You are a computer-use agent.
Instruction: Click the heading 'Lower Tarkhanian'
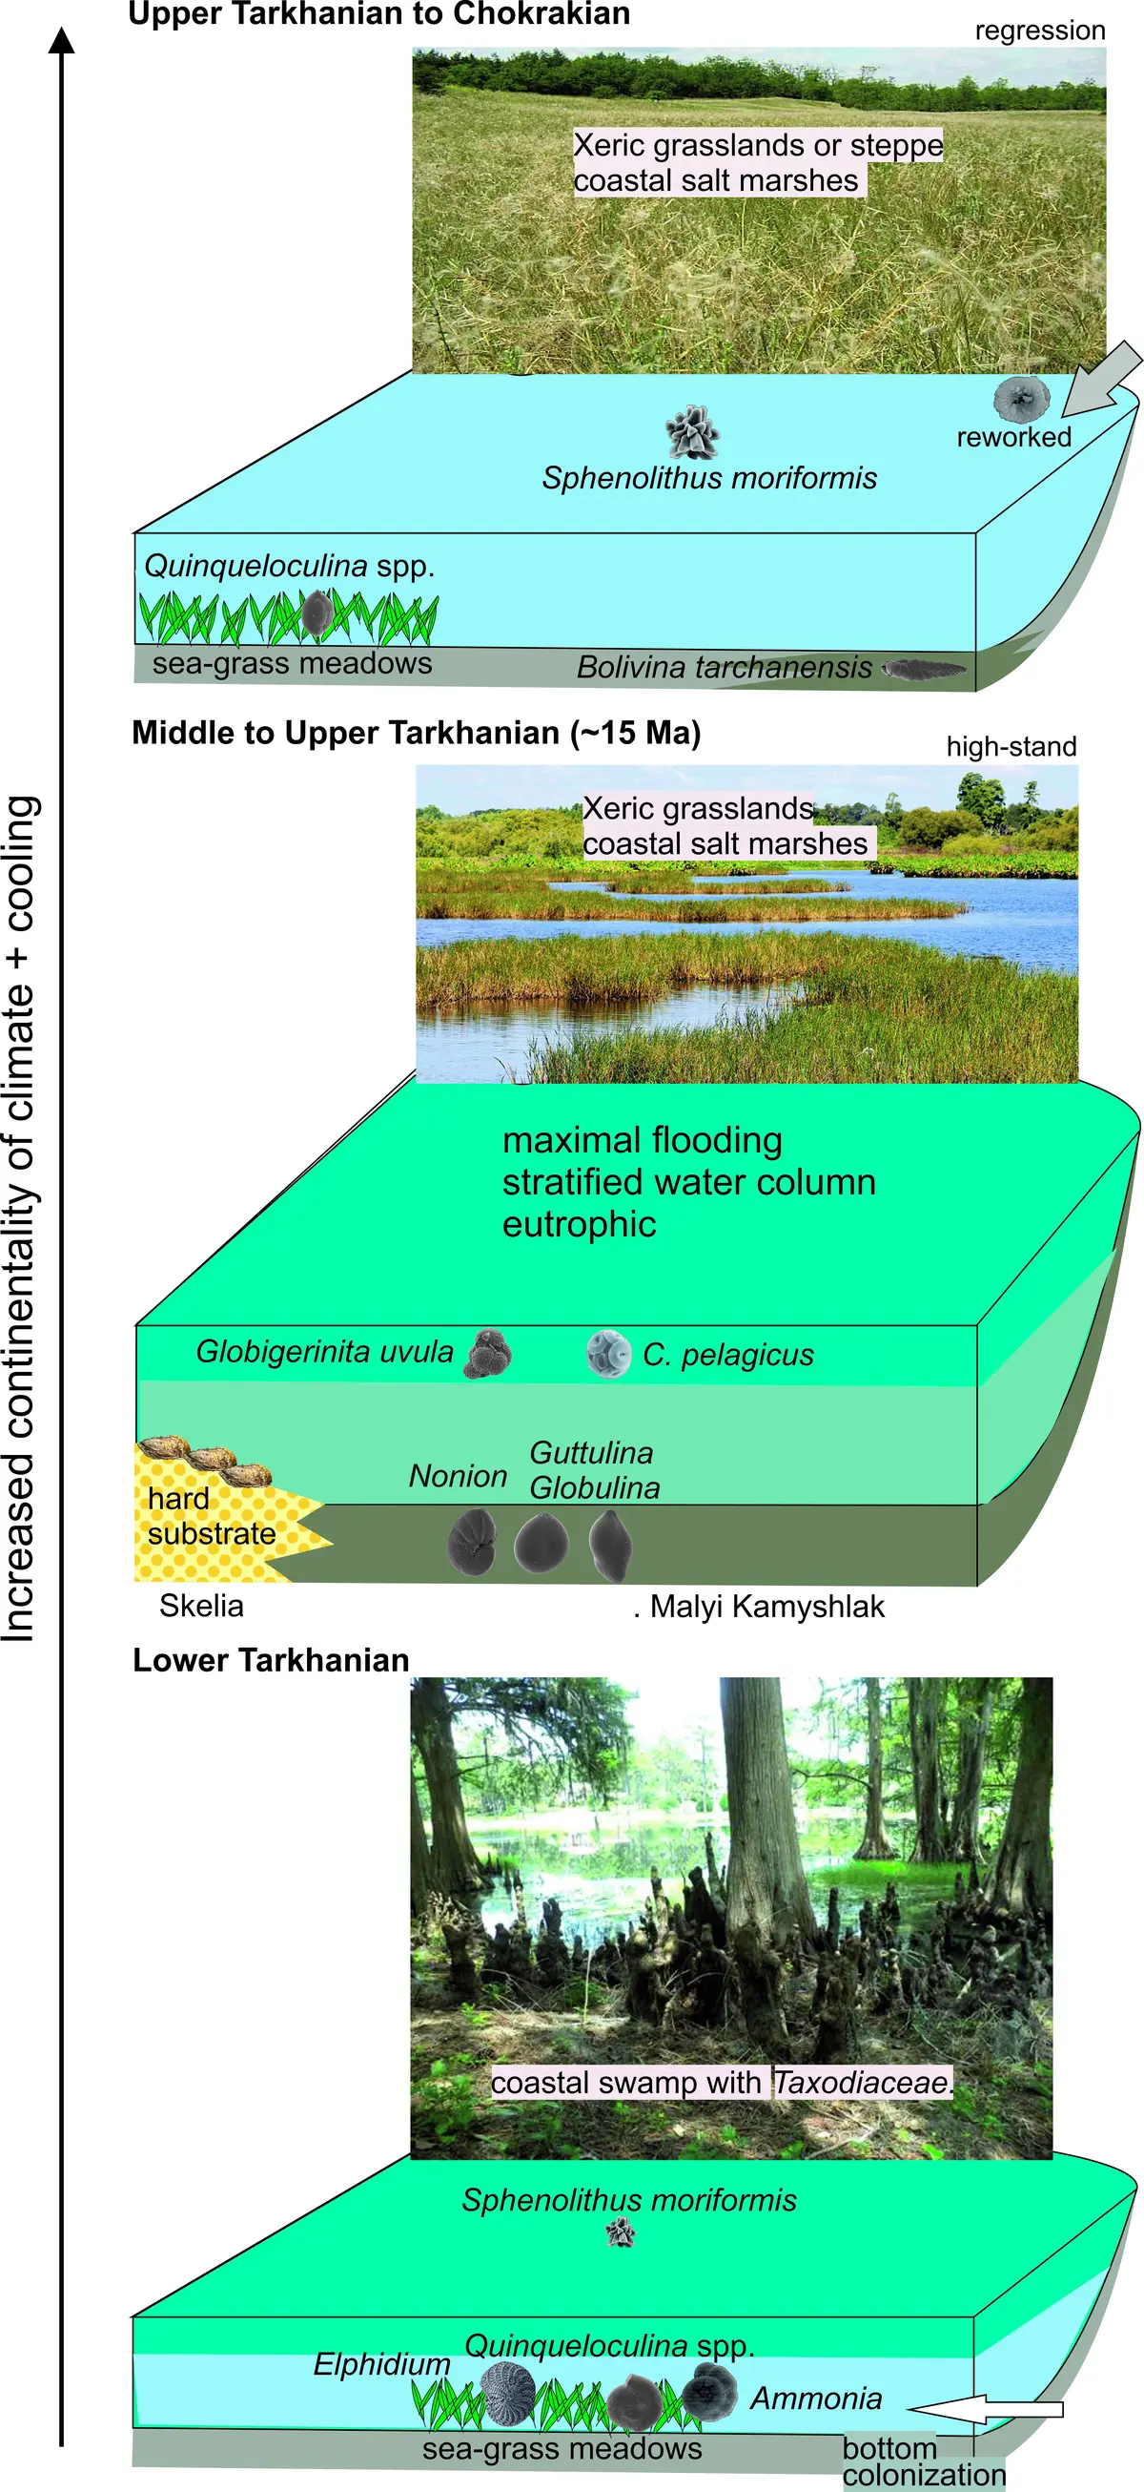(x=271, y=1660)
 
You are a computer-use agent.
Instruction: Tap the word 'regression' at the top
(x=1039, y=31)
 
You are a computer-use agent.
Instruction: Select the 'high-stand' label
(x=1011, y=747)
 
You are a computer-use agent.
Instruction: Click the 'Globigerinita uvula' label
(x=324, y=1352)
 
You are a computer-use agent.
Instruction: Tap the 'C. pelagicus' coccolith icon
(x=608, y=1354)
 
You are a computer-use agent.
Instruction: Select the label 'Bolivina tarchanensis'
(x=725, y=667)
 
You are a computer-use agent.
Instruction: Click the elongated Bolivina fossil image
(x=926, y=668)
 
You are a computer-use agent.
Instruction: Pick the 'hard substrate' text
(x=212, y=1516)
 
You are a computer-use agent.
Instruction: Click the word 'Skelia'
(x=201, y=1606)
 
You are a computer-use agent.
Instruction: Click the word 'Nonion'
(x=458, y=1476)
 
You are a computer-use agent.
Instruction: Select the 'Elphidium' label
(x=381, y=2364)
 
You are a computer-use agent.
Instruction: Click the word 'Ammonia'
(x=816, y=2399)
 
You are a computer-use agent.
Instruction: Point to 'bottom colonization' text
(x=924, y=2461)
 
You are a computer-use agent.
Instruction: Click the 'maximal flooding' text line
(x=643, y=1140)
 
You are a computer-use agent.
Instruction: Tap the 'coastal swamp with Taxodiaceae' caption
(x=722, y=2082)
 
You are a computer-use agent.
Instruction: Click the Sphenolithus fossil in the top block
(x=692, y=431)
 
